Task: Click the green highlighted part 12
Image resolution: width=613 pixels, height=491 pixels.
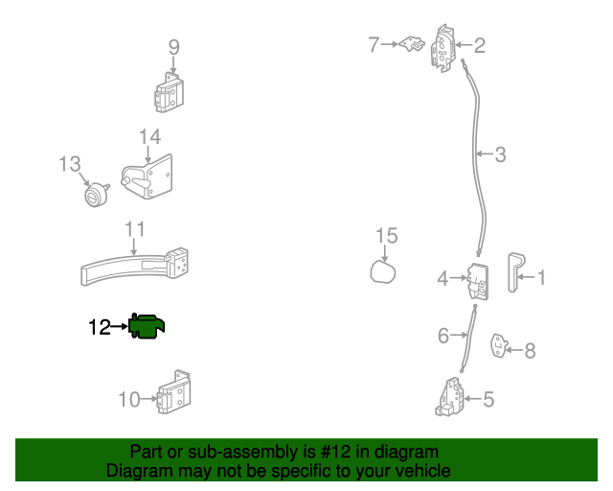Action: [149, 327]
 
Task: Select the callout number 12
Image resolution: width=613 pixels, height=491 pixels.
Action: [100, 328]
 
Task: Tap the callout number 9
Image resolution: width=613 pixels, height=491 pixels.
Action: [173, 46]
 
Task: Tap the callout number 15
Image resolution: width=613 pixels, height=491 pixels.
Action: [385, 235]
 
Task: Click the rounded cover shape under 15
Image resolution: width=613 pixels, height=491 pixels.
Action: [384, 273]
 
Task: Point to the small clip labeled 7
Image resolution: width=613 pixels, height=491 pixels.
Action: [415, 44]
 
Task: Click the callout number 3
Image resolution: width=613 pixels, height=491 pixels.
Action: [500, 153]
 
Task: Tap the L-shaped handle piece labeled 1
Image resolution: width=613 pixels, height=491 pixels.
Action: [514, 275]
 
